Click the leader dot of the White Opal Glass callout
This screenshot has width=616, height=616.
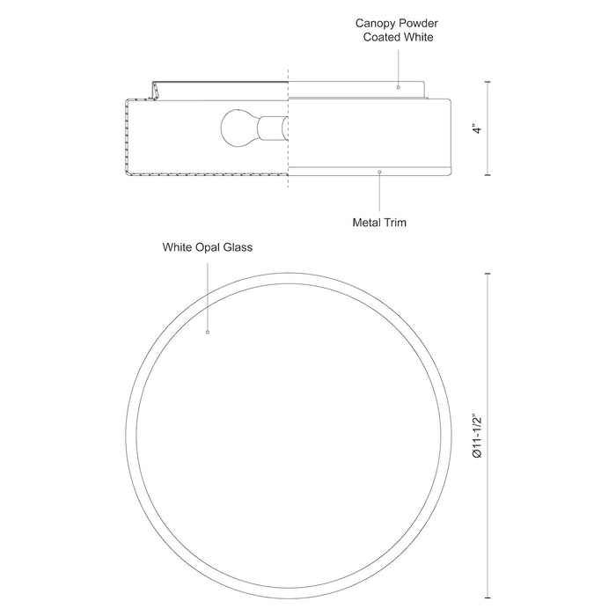point(208,334)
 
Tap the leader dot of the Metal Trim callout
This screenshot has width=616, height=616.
point(378,172)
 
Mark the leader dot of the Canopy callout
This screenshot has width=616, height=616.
point(399,87)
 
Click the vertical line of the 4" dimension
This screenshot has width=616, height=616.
point(490,106)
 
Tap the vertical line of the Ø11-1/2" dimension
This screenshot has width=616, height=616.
point(490,370)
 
